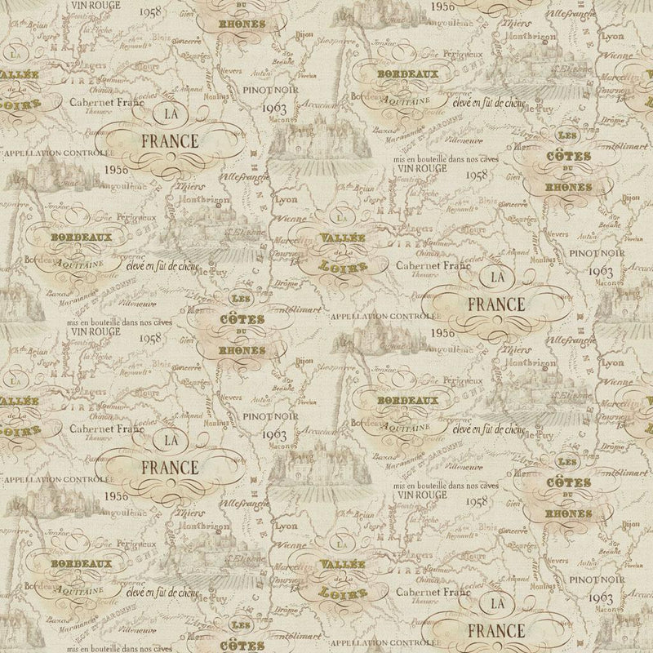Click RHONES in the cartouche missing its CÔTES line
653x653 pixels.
pos(242,24)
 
